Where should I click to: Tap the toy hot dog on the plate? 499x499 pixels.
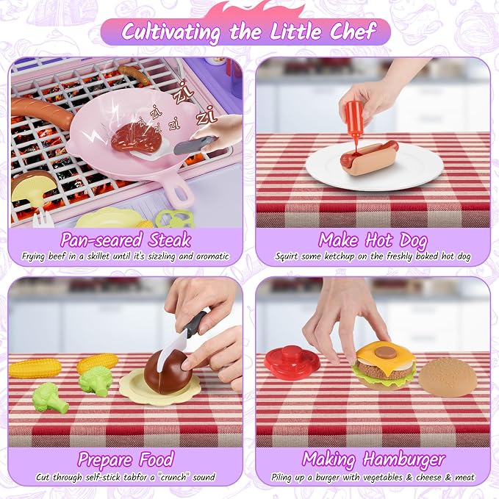pos(369,158)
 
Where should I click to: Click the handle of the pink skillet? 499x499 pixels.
pos(177,193)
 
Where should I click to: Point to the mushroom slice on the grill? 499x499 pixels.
pos(31,188)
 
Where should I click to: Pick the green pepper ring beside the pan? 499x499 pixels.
pos(175,218)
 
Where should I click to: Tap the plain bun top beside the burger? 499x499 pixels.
pos(448,377)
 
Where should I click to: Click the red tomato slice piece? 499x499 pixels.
pos(292,362)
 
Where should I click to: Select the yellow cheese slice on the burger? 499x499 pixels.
pos(386,356)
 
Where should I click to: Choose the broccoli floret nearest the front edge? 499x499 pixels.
pos(50,398)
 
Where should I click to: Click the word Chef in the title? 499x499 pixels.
pos(353,31)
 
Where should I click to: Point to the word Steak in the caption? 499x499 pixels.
pos(170,240)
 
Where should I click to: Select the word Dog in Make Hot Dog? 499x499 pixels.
pos(414,241)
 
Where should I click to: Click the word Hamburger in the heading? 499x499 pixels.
pos(404,460)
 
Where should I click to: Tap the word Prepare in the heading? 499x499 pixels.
pos(104,461)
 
